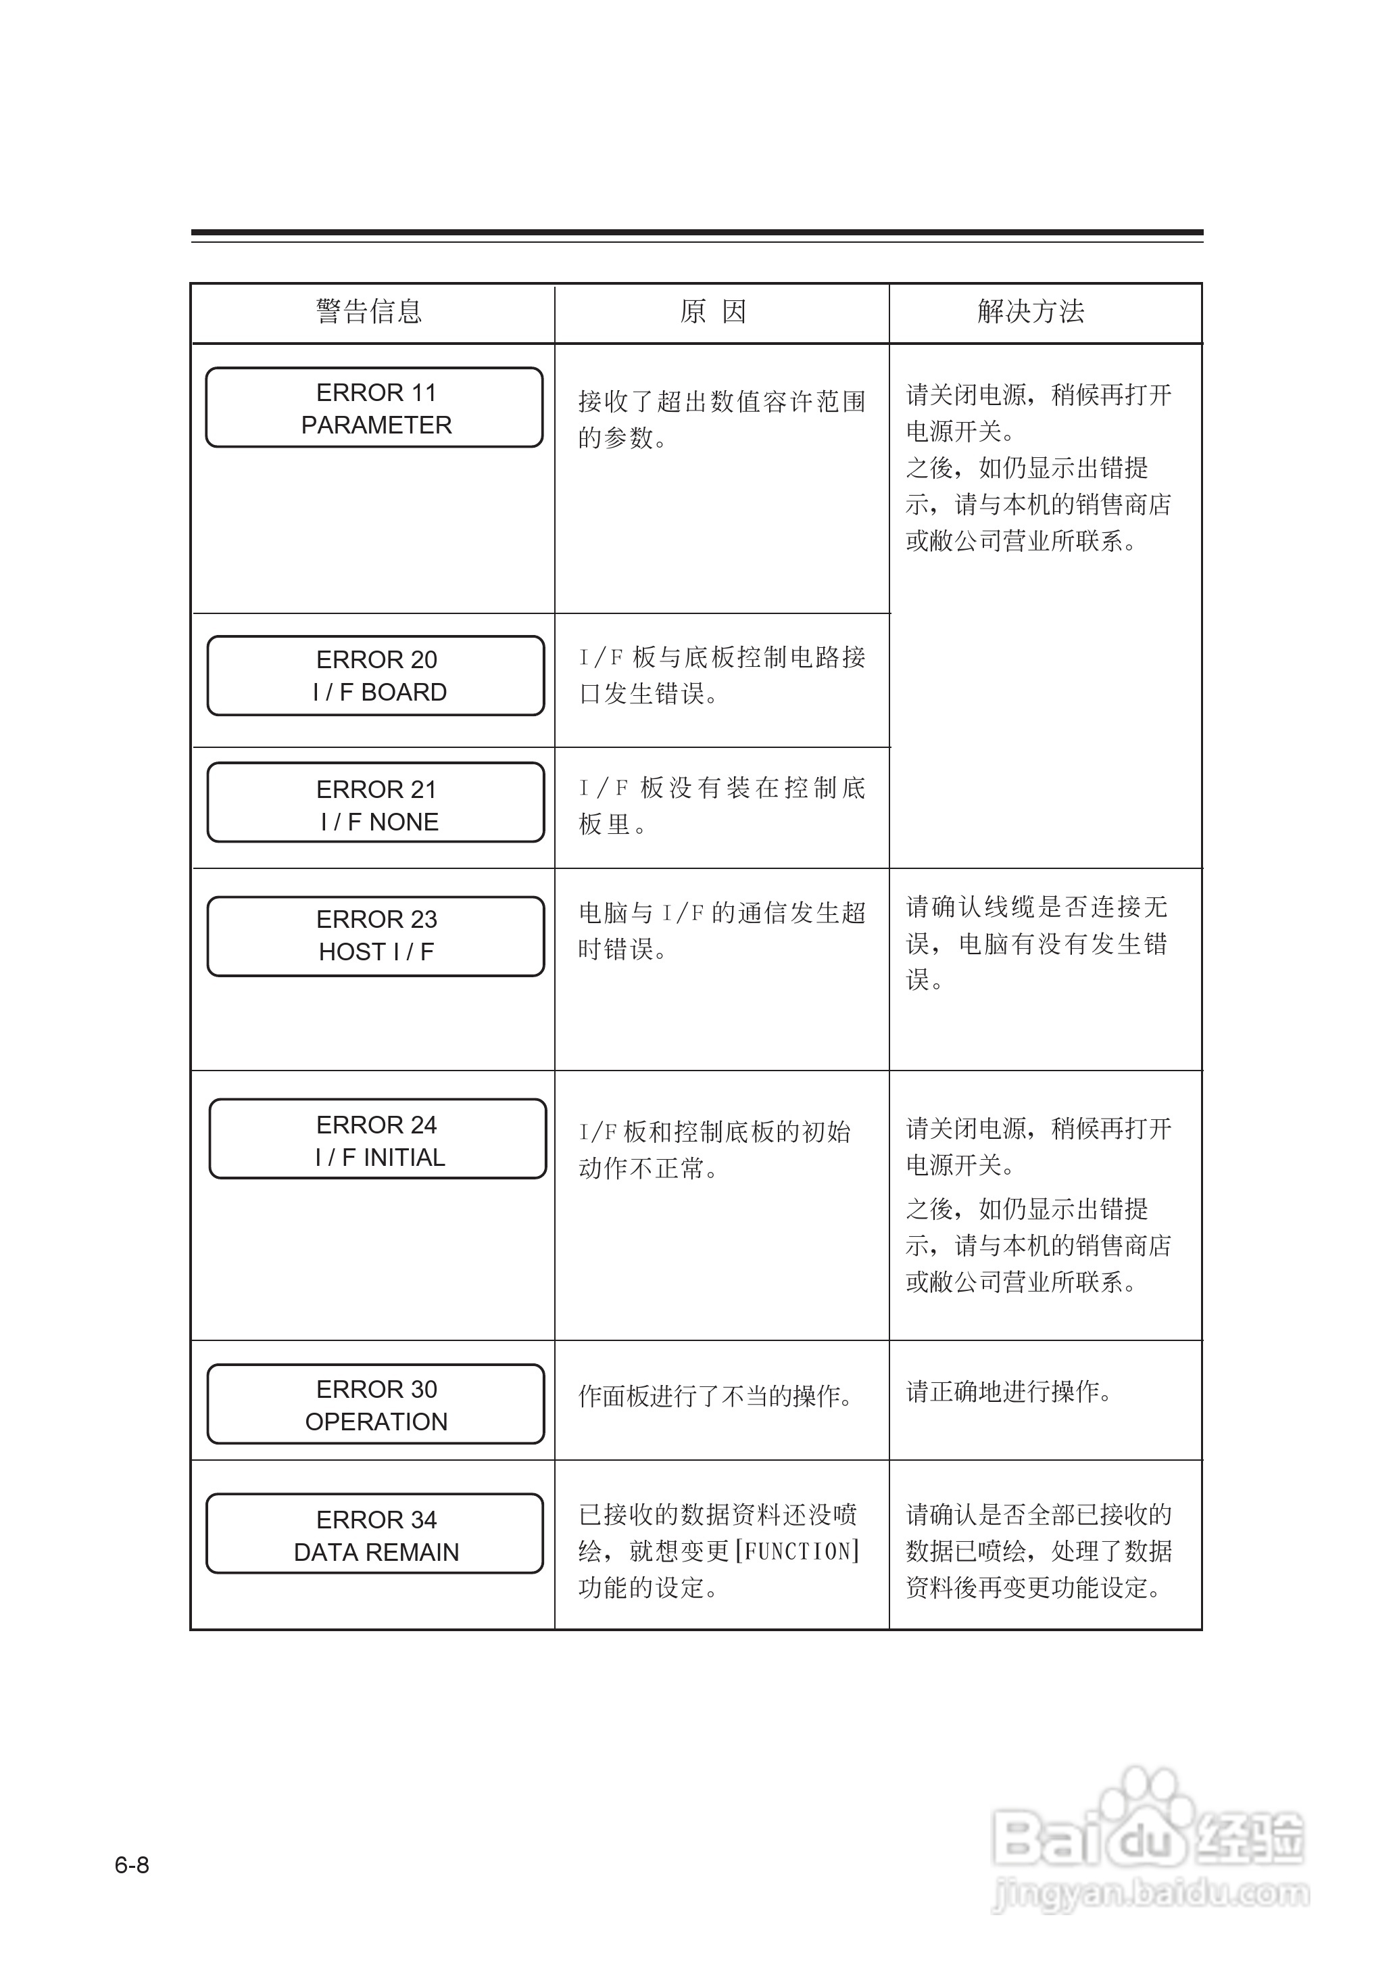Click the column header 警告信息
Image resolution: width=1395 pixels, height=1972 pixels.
(x=370, y=311)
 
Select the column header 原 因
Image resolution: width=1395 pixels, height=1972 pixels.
(x=713, y=311)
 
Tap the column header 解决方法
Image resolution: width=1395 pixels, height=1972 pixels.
(x=1031, y=311)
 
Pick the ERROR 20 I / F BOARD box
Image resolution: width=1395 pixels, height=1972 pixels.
(x=376, y=676)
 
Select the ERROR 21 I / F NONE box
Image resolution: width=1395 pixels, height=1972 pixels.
(x=376, y=803)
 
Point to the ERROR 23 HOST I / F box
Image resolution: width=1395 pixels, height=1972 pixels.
(x=376, y=936)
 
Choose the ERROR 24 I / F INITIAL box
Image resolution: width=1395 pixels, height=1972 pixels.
(x=378, y=1139)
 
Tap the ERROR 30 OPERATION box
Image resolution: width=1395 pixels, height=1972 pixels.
(x=376, y=1404)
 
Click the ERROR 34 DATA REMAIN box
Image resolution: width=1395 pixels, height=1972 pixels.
(x=375, y=1534)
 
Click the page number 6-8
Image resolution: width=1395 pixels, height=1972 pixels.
(x=132, y=1865)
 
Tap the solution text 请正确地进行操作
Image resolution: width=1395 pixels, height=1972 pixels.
(x=1008, y=1392)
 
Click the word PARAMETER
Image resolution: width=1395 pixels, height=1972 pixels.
(x=376, y=425)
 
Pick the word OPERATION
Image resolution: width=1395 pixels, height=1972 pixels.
(x=376, y=1422)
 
